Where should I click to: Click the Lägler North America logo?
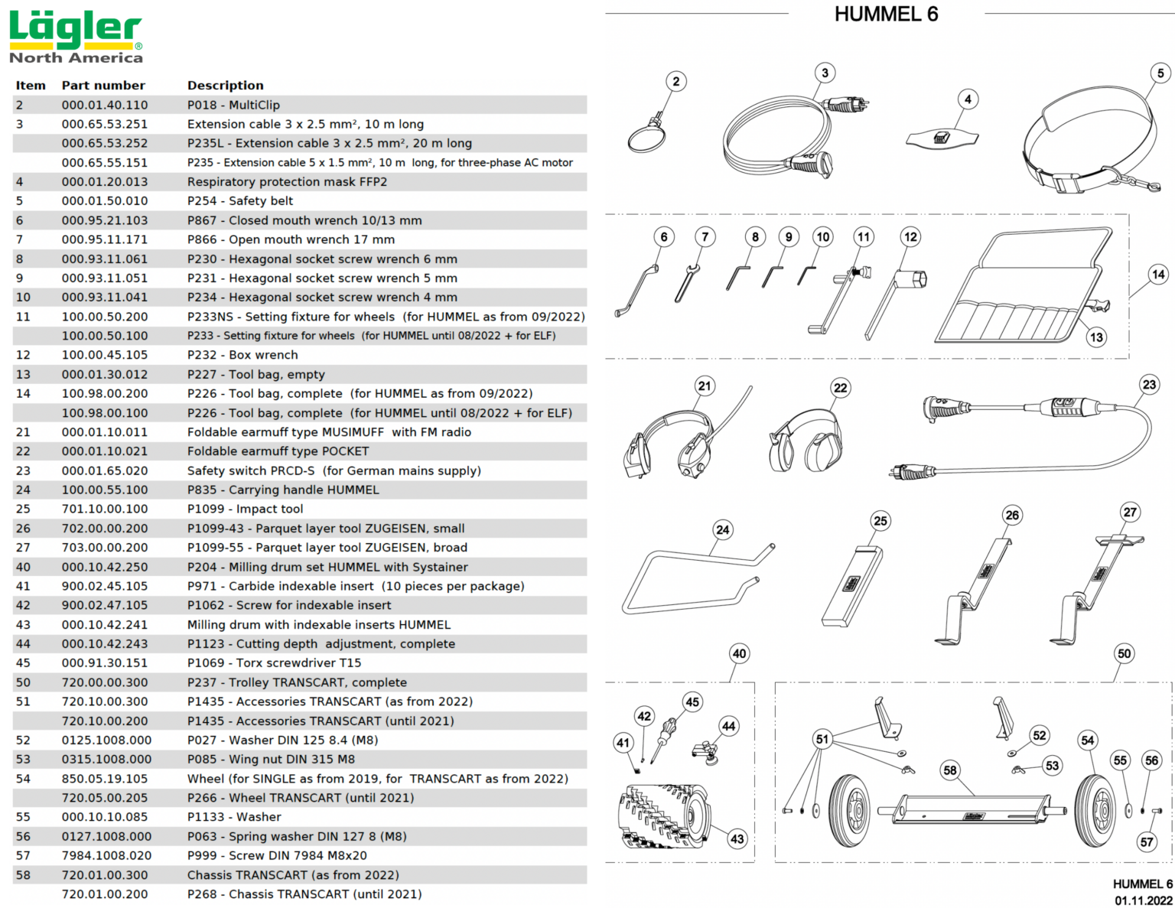pos(76,37)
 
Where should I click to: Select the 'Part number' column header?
pos(103,86)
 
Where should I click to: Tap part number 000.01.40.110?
pos(105,105)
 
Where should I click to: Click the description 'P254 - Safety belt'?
pos(240,201)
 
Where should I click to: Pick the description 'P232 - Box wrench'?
pos(242,355)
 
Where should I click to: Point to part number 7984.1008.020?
pos(106,855)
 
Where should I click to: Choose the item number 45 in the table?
pos(23,663)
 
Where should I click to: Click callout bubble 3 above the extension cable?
pos(825,73)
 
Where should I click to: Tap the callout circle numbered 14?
pos(1158,274)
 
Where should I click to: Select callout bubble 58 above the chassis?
pos(950,770)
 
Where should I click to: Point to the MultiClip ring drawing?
pos(645,138)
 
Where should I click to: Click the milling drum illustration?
pos(662,816)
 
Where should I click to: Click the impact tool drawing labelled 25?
pos(852,585)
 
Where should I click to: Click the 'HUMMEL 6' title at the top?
pos(886,15)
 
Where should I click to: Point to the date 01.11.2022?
pos(1143,900)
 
